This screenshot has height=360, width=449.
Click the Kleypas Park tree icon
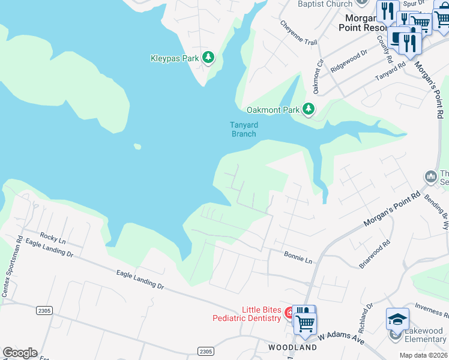(x=208, y=58)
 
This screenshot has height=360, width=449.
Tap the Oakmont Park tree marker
(x=309, y=109)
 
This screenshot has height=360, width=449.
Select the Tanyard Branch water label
(x=244, y=129)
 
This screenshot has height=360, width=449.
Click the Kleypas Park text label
(x=174, y=58)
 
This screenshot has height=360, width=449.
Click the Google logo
(x=20, y=353)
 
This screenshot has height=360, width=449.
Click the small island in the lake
(x=137, y=146)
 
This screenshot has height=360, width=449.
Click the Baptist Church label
(x=325, y=4)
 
